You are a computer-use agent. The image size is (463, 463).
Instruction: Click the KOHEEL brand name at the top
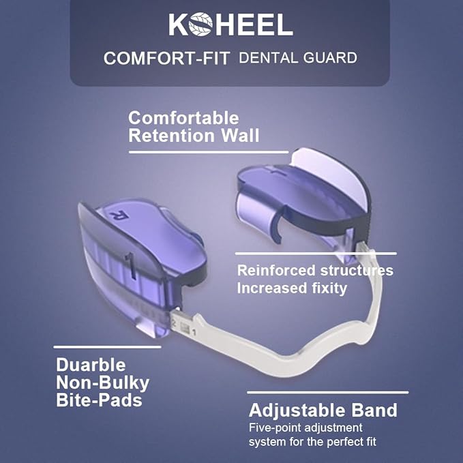click(x=230, y=25)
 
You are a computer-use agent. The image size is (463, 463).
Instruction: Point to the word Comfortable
click(x=183, y=118)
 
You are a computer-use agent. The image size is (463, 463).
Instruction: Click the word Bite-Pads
click(x=99, y=400)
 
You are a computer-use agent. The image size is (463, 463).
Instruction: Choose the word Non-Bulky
click(x=102, y=382)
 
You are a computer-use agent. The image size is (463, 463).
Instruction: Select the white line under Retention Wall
click(x=209, y=151)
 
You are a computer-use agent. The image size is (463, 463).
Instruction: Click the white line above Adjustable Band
click(x=327, y=392)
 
